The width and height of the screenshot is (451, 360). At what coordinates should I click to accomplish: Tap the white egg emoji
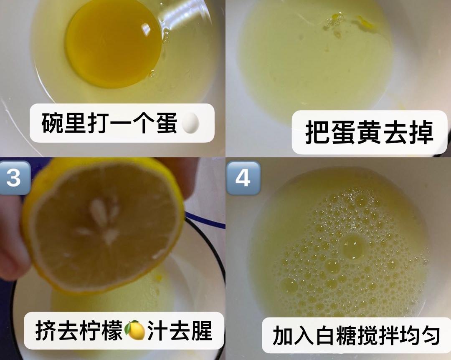tap(190, 123)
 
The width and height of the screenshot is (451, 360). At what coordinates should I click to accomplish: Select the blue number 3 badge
tap(13, 178)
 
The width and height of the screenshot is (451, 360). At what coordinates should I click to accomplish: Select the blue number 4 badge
tap(243, 178)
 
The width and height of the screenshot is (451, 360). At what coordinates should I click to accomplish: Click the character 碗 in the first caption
tap(52, 123)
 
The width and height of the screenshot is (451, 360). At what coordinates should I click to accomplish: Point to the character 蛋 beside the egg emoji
tap(167, 123)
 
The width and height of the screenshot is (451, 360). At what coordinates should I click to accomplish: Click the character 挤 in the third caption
tap(46, 330)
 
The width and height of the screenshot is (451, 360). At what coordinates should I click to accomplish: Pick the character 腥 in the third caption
tap(201, 330)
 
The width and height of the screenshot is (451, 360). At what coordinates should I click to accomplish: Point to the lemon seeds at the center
tap(102, 221)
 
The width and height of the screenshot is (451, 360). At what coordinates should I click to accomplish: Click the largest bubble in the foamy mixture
tap(353, 247)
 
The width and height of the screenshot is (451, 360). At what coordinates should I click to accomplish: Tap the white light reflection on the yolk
tap(146, 29)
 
